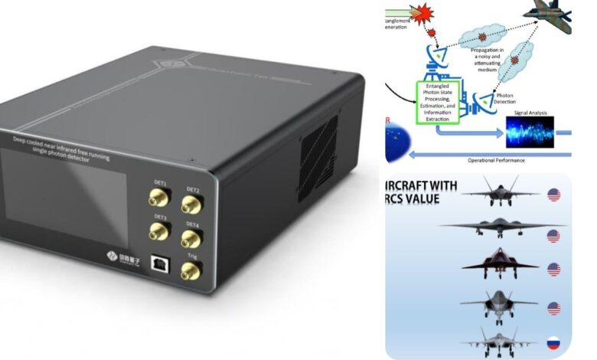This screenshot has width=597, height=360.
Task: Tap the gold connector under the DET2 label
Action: tap(191, 205)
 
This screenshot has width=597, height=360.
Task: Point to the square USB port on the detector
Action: tap(160, 262)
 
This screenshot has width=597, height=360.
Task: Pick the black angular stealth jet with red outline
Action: tap(489, 265)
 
